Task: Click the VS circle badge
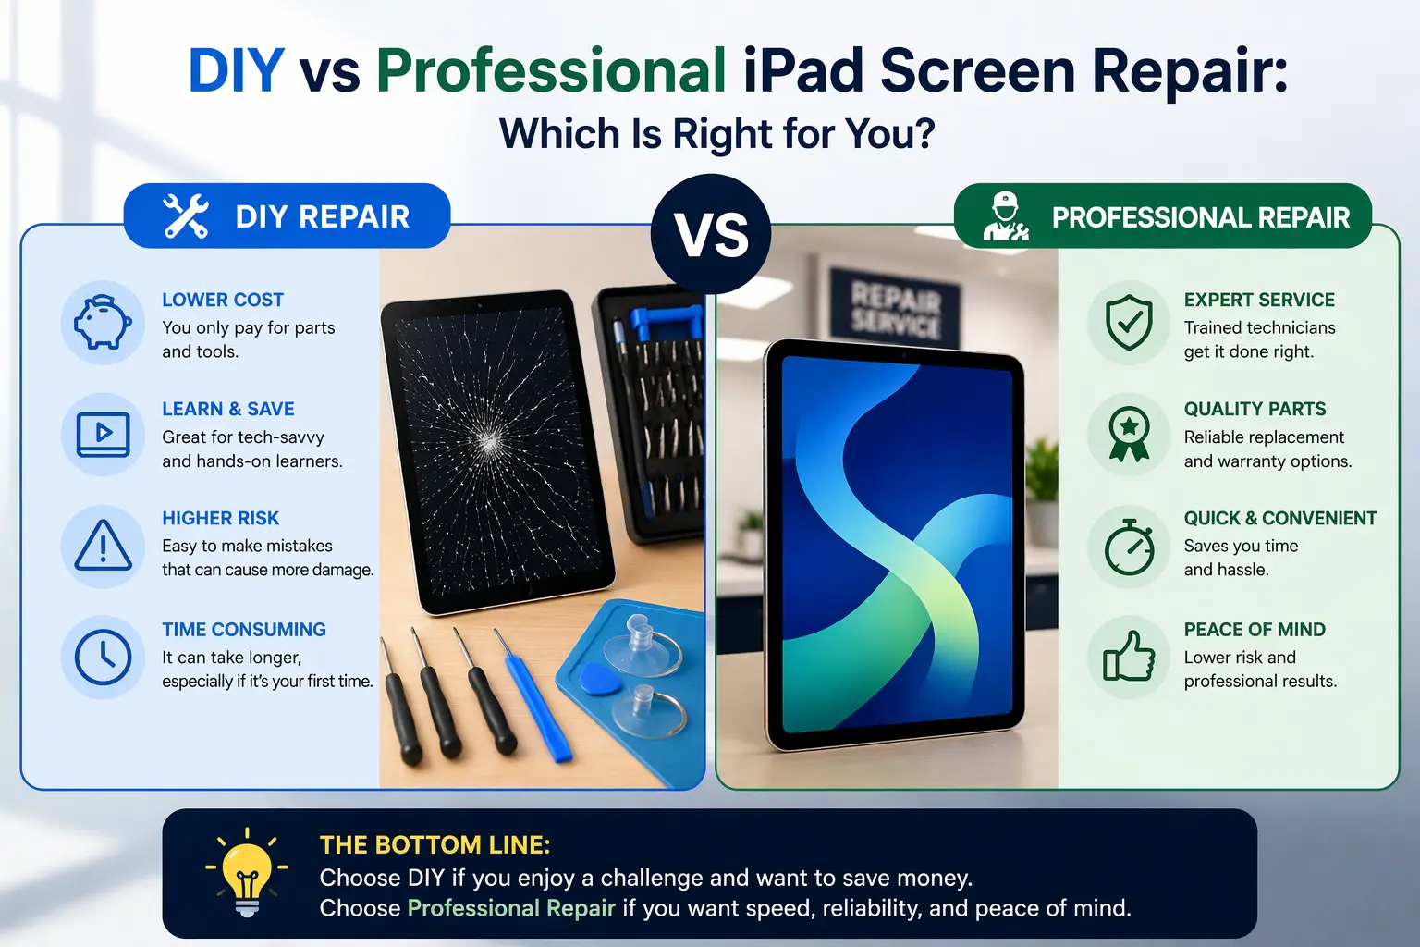pos(711,234)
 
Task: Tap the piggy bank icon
pos(103,323)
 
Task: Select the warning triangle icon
pos(103,546)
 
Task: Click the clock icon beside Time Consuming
pos(103,657)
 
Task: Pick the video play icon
pos(103,434)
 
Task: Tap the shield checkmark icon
pos(1129,323)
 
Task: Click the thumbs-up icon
pos(1129,657)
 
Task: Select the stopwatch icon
pos(1129,547)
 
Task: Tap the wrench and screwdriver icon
pos(186,216)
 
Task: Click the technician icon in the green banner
pos(1005,216)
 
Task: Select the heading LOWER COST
pos(223,300)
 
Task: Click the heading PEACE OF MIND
pos(1255,630)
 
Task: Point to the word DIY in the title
pos(236,70)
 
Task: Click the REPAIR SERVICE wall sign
pos(895,309)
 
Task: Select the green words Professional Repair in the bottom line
pos(511,908)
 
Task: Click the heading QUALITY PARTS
pos(1255,409)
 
